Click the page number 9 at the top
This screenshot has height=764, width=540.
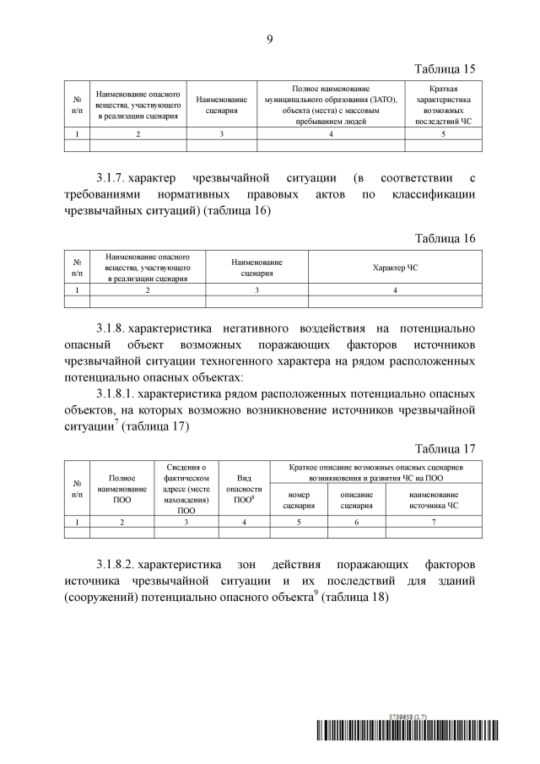[270, 38]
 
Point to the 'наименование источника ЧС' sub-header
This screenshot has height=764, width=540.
[434, 500]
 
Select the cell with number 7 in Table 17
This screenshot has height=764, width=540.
[434, 523]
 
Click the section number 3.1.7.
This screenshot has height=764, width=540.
[111, 178]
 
